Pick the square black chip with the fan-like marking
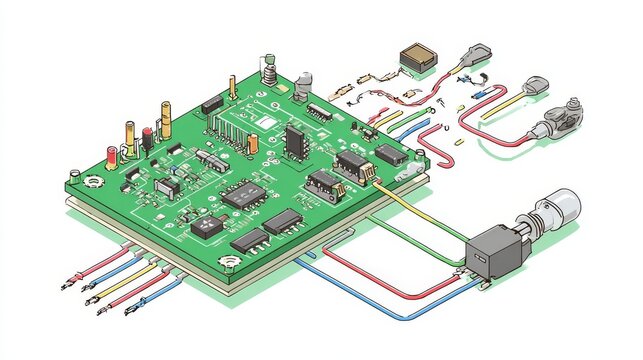(207, 225)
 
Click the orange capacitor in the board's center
(252, 144)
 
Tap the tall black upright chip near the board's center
(294, 139)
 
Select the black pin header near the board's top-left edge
(211, 103)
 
